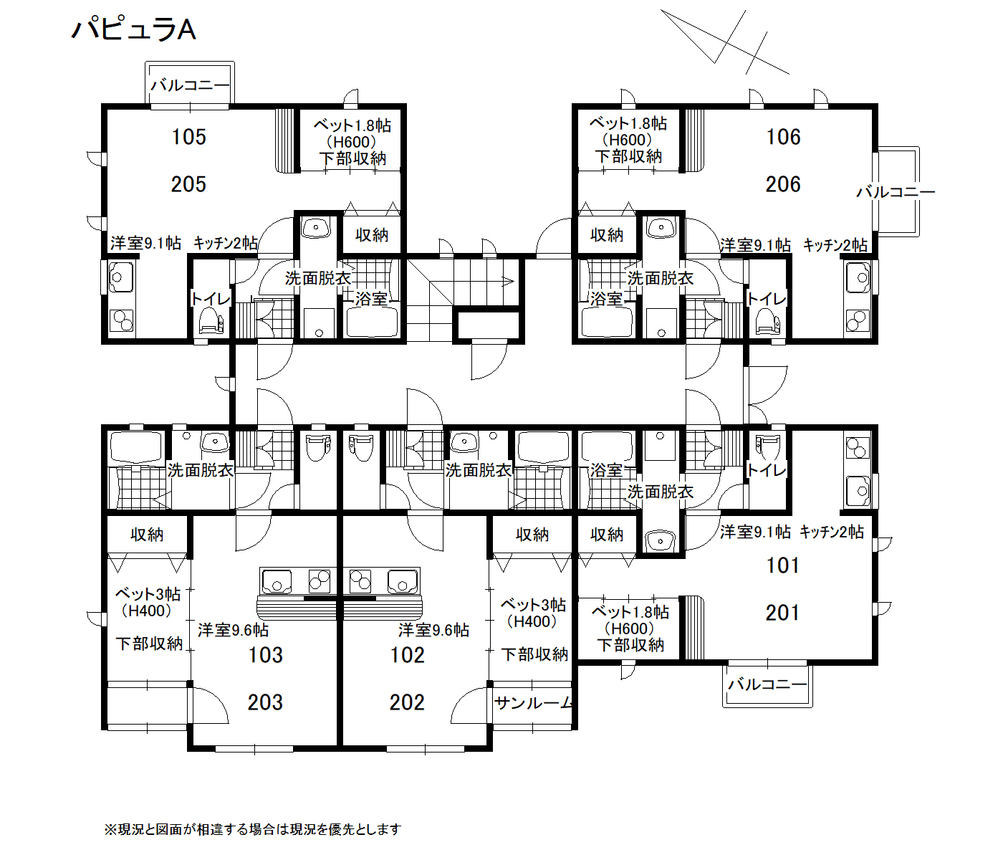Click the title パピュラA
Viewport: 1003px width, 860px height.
[133, 29]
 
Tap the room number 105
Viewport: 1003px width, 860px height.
[188, 137]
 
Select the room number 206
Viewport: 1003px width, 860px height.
[783, 184]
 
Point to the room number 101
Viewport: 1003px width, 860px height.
[783, 566]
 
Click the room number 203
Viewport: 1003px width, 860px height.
[265, 702]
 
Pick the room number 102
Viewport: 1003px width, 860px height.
[407, 655]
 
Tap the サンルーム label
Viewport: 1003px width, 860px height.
[533, 703]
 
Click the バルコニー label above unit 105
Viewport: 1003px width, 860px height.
[190, 85]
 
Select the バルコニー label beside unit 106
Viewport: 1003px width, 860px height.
[896, 192]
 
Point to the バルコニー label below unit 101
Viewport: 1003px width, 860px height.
[767, 684]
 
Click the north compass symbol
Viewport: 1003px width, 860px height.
[726, 42]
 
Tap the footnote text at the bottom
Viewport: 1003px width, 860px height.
[253, 829]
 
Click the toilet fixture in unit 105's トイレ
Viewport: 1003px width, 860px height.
[211, 321]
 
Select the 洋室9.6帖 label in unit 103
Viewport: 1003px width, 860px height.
[233, 630]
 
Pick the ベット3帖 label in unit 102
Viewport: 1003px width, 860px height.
[533, 605]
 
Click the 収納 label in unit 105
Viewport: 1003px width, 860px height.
[372, 235]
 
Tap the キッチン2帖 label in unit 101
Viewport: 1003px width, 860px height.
[832, 532]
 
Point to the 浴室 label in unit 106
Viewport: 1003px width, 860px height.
[606, 299]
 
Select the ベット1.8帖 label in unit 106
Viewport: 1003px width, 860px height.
[628, 123]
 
